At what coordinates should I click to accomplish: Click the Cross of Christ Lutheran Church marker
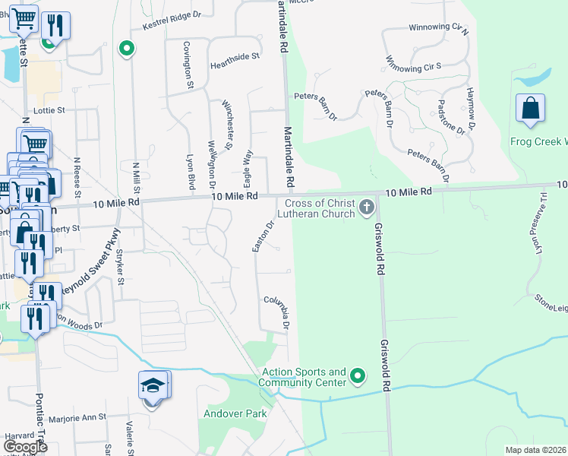pos(367,207)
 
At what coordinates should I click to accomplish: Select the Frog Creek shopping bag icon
pos(530,109)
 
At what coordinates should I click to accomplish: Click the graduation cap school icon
pos(153,386)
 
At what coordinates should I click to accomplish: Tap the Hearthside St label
pos(235,55)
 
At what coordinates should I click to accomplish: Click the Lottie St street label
pos(50,109)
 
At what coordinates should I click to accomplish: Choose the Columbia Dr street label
pos(278,312)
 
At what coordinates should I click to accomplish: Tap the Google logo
pos(25,446)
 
